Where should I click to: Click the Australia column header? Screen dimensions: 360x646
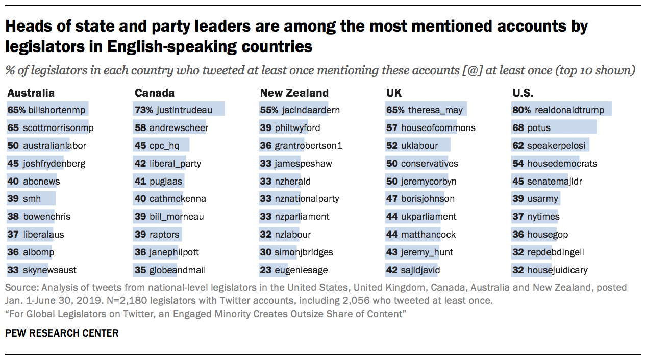click(31, 93)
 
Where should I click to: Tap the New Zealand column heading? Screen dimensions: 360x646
click(294, 93)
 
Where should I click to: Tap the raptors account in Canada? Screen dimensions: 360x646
click(164, 235)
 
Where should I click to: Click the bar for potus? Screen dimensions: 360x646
click(554, 127)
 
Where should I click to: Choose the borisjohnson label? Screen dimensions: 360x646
click(428, 199)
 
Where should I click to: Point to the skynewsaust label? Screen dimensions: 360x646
click(50, 270)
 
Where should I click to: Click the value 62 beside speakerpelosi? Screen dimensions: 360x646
click(518, 145)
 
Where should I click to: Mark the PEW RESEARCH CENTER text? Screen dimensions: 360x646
click(62, 333)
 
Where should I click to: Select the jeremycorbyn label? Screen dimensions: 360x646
click(429, 181)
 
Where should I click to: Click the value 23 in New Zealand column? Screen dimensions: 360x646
click(265, 270)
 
